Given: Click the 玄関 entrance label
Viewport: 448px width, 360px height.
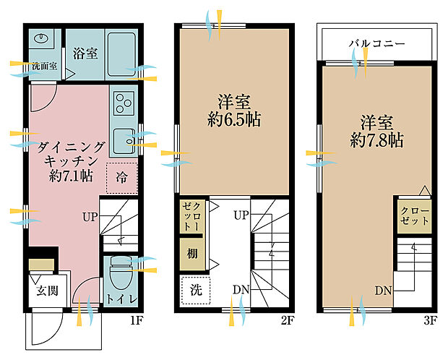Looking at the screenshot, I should point(48,292).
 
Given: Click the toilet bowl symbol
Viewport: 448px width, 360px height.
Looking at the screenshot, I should point(119,275).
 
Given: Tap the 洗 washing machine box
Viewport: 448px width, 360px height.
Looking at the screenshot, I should point(194,291).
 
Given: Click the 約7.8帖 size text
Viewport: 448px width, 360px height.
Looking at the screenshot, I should point(376,140).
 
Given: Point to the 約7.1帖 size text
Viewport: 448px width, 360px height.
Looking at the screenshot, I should point(67,175).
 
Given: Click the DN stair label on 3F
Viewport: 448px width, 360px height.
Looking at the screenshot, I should point(384,291).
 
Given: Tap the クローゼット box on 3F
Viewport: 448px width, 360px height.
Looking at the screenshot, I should point(415,215).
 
